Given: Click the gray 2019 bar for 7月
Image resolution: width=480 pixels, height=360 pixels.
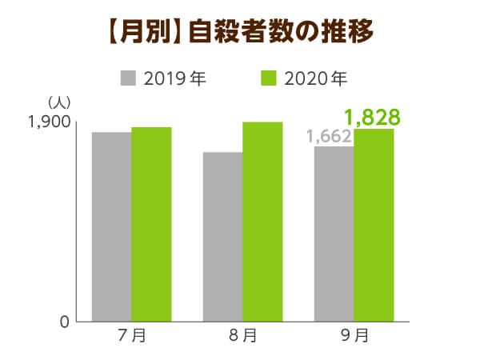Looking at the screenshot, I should click(111, 226).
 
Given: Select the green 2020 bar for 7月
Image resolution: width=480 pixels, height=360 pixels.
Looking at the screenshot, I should click(151, 224).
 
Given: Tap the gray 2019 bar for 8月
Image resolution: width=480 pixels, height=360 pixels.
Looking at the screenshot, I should click(222, 237).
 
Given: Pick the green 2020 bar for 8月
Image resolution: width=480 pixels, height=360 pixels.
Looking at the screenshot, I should click(262, 222).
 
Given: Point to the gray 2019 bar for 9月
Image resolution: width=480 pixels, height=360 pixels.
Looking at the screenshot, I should click(334, 234).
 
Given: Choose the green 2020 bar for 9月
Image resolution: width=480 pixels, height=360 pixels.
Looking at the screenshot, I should click(374, 225).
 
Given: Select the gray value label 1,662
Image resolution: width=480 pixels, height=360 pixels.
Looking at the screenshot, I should click(329, 137).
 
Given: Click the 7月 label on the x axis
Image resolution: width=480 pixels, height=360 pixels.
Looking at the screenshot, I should click(131, 337).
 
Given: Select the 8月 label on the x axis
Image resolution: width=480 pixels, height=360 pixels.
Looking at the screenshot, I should click(242, 337).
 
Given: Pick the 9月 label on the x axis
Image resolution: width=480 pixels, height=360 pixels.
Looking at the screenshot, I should click(354, 337).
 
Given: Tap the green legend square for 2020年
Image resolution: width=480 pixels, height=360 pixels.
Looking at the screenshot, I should click(268, 78).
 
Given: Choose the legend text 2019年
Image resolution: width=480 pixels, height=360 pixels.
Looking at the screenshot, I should click(171, 78).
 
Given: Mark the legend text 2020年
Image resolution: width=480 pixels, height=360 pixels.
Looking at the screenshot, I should click(315, 78).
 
